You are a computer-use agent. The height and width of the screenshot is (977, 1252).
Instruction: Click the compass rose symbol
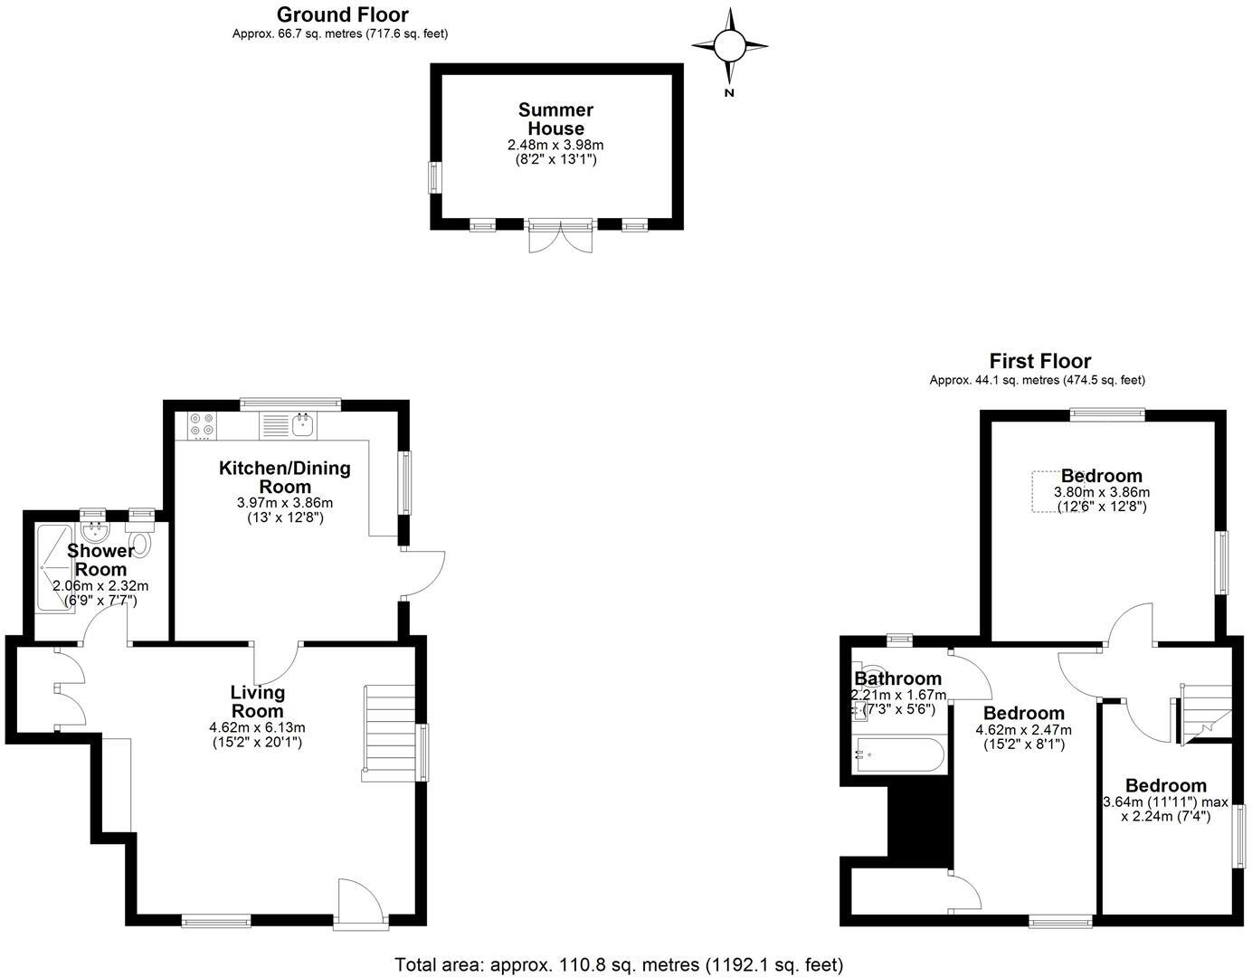730,44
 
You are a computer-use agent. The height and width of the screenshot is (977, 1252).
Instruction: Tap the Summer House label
555,119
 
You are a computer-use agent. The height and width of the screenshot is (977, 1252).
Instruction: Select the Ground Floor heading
342,14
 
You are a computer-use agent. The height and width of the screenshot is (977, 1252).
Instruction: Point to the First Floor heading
1039,361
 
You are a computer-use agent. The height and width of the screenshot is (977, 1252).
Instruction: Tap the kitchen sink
303,423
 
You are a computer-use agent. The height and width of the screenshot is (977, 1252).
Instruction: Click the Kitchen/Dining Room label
285,478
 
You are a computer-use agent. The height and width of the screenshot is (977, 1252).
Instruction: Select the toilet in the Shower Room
140,544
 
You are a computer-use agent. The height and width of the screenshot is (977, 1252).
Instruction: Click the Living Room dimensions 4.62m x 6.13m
258,727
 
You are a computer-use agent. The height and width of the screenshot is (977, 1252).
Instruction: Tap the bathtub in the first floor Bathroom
898,754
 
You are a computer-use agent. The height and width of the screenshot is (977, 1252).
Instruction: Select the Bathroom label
898,678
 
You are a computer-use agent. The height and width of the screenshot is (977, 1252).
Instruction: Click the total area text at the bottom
619,964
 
